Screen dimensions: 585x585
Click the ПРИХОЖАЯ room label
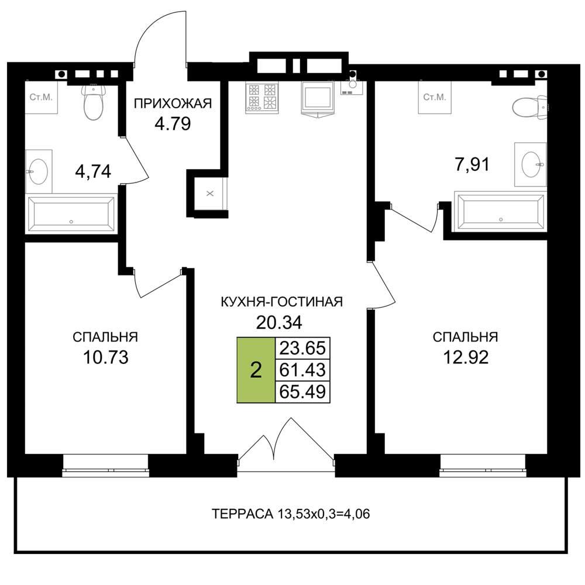pos(173,104)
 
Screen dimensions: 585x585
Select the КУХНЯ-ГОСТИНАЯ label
pos(282,301)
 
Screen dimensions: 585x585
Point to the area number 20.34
pos(279,322)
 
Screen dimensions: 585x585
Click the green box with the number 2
pos(256,370)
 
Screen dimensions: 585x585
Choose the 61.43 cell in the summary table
pos(302,370)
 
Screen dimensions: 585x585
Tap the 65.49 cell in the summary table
pos(302,392)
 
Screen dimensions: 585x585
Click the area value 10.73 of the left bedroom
pos(105,357)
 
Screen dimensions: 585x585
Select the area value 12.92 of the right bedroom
pos(466,357)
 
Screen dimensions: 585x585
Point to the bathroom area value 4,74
pos(93,172)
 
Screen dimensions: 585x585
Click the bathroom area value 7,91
pos(472,164)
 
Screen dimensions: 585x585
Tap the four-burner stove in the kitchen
pos(262,98)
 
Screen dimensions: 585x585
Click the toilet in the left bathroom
pos(93,101)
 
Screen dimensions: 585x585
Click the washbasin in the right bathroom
pos(531,164)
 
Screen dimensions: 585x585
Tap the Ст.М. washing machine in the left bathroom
pos(42,97)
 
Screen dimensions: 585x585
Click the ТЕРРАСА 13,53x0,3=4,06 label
pos(291,514)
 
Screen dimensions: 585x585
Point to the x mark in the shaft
pos(210,193)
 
